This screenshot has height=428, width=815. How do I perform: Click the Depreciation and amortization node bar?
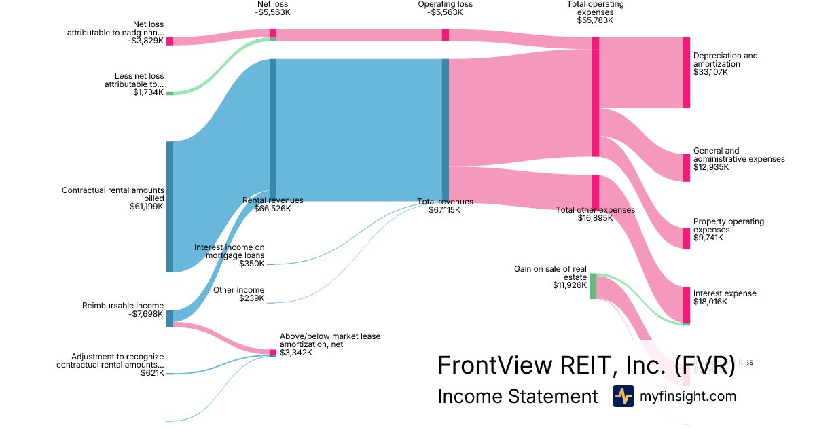(686, 73)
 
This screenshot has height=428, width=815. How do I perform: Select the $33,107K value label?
(711, 71)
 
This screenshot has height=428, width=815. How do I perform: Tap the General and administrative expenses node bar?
(686, 168)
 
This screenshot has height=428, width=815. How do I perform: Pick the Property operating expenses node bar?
(686, 238)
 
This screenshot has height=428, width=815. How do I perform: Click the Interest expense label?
(724, 293)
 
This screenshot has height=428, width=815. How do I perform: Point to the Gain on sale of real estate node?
(593, 286)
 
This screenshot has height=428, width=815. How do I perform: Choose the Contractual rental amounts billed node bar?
(170, 207)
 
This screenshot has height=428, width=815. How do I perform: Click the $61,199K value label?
(146, 207)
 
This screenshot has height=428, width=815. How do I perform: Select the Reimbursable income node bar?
(170, 318)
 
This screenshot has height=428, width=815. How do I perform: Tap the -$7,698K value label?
(146, 315)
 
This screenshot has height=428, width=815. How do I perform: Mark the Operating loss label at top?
(445, 4)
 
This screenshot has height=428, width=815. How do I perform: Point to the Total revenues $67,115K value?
(444, 211)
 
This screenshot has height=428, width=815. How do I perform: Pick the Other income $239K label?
(238, 294)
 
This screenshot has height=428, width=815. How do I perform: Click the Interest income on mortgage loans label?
(230, 251)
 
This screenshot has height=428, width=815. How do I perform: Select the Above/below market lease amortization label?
(330, 340)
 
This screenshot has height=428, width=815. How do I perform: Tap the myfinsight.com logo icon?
(623, 396)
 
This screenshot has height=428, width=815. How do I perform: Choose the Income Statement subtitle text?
(518, 396)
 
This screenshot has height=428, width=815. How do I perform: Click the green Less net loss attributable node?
(170, 93)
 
